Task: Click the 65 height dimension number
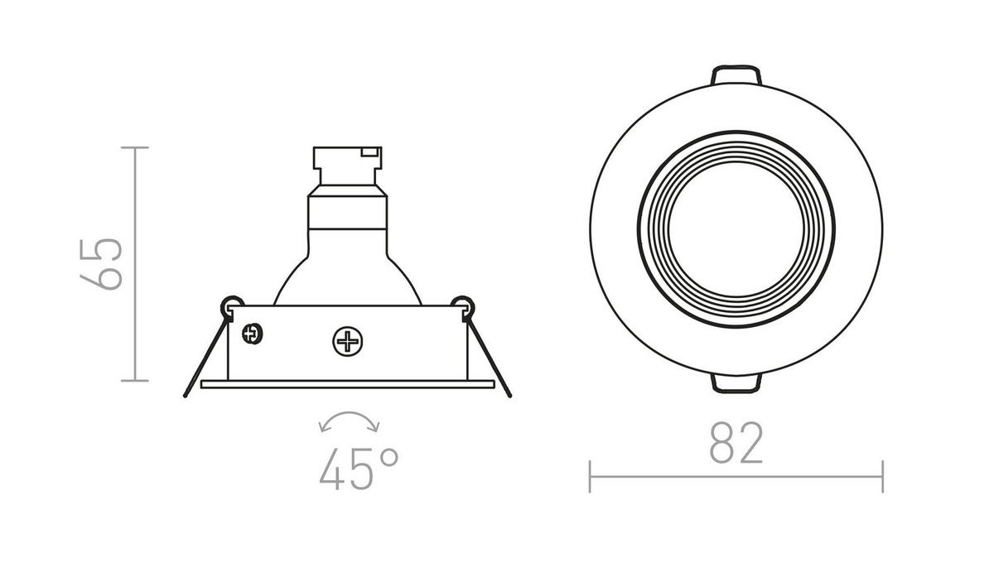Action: pyautogui.click(x=104, y=264)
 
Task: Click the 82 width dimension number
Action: pyautogui.click(x=736, y=445)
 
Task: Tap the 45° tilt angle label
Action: pyautogui.click(x=359, y=470)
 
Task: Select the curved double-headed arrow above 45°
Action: pyautogui.click(x=349, y=422)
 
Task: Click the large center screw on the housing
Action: pyautogui.click(x=345, y=340)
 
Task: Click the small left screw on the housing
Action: pyautogui.click(x=251, y=334)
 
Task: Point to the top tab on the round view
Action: pyautogui.click(x=735, y=75)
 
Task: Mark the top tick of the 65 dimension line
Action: pyautogui.click(x=135, y=147)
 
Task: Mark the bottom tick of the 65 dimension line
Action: pyautogui.click(x=135, y=381)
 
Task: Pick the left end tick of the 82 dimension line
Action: pyautogui.click(x=590, y=476)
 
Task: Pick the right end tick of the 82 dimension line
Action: pyautogui.click(x=882, y=476)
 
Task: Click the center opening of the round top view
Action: pyautogui.click(x=735, y=229)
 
